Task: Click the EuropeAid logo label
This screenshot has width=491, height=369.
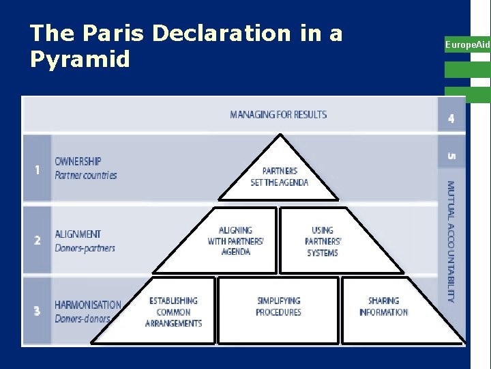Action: click(467, 44)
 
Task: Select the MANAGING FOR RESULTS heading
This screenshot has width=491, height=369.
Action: click(278, 114)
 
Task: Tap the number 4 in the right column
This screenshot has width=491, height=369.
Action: click(451, 118)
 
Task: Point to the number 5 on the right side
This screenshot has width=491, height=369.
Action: click(451, 156)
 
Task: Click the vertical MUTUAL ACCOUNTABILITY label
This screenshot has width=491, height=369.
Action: click(450, 241)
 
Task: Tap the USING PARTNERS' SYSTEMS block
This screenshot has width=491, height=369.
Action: click(323, 241)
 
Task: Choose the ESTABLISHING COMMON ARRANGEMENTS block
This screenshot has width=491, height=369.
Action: click(173, 312)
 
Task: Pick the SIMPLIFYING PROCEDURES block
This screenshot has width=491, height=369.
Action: click(278, 306)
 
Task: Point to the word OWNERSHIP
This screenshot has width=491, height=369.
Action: click(78, 161)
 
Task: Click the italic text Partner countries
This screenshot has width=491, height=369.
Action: click(85, 175)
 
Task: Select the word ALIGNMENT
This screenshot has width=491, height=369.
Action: click(78, 234)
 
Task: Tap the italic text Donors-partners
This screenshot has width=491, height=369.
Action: click(85, 247)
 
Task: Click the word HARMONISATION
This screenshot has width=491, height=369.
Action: click(88, 305)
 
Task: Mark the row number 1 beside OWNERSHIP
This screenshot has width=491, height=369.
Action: click(37, 169)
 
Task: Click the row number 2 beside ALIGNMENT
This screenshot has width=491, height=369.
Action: click(37, 241)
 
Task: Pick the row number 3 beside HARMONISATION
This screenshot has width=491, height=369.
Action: click(37, 311)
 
